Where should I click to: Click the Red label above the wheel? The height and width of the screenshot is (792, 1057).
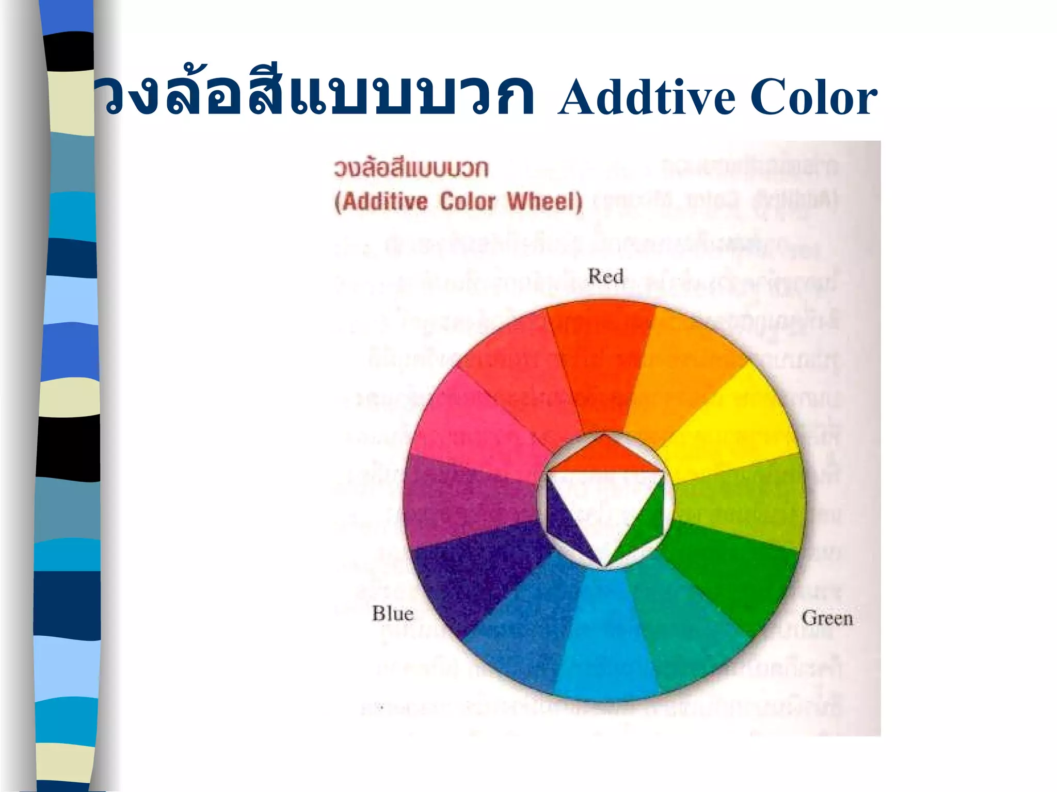point(605,276)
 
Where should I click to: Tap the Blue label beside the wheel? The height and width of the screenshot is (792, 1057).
point(393,614)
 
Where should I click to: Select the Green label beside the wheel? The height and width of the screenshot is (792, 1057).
point(827,618)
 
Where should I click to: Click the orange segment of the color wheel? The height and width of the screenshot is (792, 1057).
point(681,361)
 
